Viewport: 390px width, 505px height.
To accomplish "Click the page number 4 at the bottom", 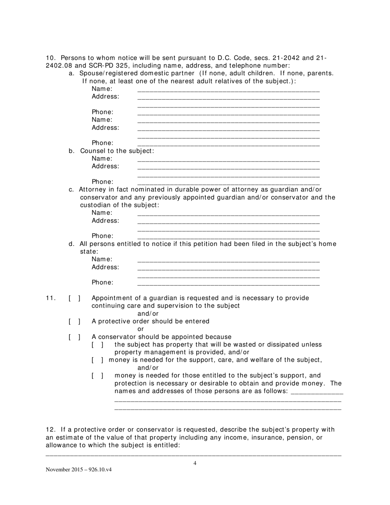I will tap(195, 464).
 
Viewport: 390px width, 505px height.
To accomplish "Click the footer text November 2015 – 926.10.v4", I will tap(78, 470).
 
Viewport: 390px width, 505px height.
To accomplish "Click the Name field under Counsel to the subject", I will tap(228, 159).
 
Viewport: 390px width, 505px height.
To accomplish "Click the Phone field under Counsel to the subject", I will tap(228, 182).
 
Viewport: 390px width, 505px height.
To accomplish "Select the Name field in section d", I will tap(228, 260).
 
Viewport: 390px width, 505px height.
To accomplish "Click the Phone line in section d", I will tap(228, 283).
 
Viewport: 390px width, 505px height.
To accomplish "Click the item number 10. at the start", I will tap(50, 58).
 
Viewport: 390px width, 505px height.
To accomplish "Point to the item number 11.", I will tap(50, 298).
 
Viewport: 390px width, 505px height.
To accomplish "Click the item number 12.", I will tap(50, 430).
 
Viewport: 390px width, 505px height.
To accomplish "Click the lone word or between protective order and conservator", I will tap(140, 329).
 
